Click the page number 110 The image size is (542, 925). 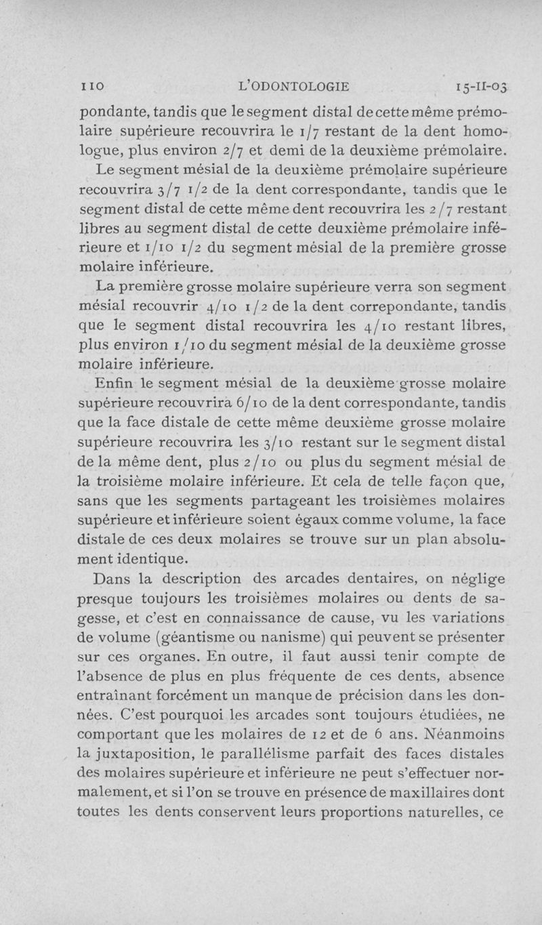pos(89,86)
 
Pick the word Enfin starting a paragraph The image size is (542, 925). pos(118,385)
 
